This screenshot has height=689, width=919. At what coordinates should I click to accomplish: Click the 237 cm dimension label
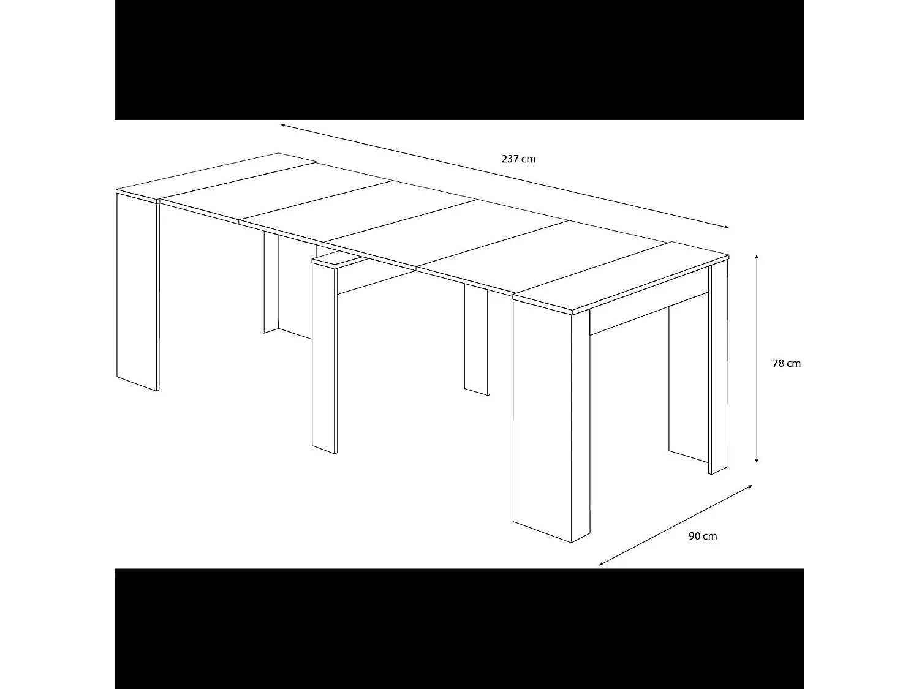[518, 159]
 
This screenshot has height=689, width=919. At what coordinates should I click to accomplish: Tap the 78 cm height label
[786, 363]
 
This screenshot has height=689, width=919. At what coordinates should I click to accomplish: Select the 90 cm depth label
[703, 537]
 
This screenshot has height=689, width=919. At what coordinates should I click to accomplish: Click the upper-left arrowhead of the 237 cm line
[284, 126]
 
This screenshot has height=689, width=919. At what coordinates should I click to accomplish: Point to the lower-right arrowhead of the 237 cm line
[726, 227]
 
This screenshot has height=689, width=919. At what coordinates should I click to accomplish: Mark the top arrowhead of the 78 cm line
[758, 258]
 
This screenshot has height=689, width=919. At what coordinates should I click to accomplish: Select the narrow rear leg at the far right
[718, 367]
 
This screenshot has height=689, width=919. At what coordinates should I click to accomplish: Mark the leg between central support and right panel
[477, 340]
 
